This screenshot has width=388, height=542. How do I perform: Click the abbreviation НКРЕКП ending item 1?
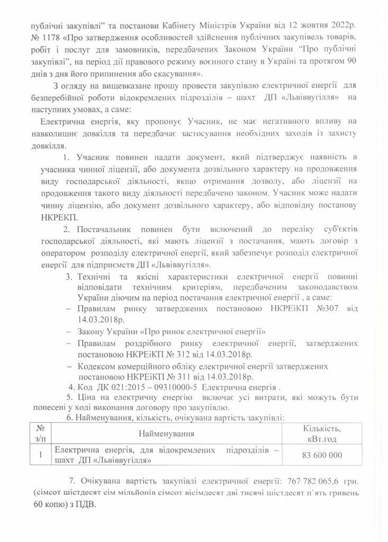[55, 218]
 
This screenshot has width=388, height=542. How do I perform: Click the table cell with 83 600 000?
[322, 455]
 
